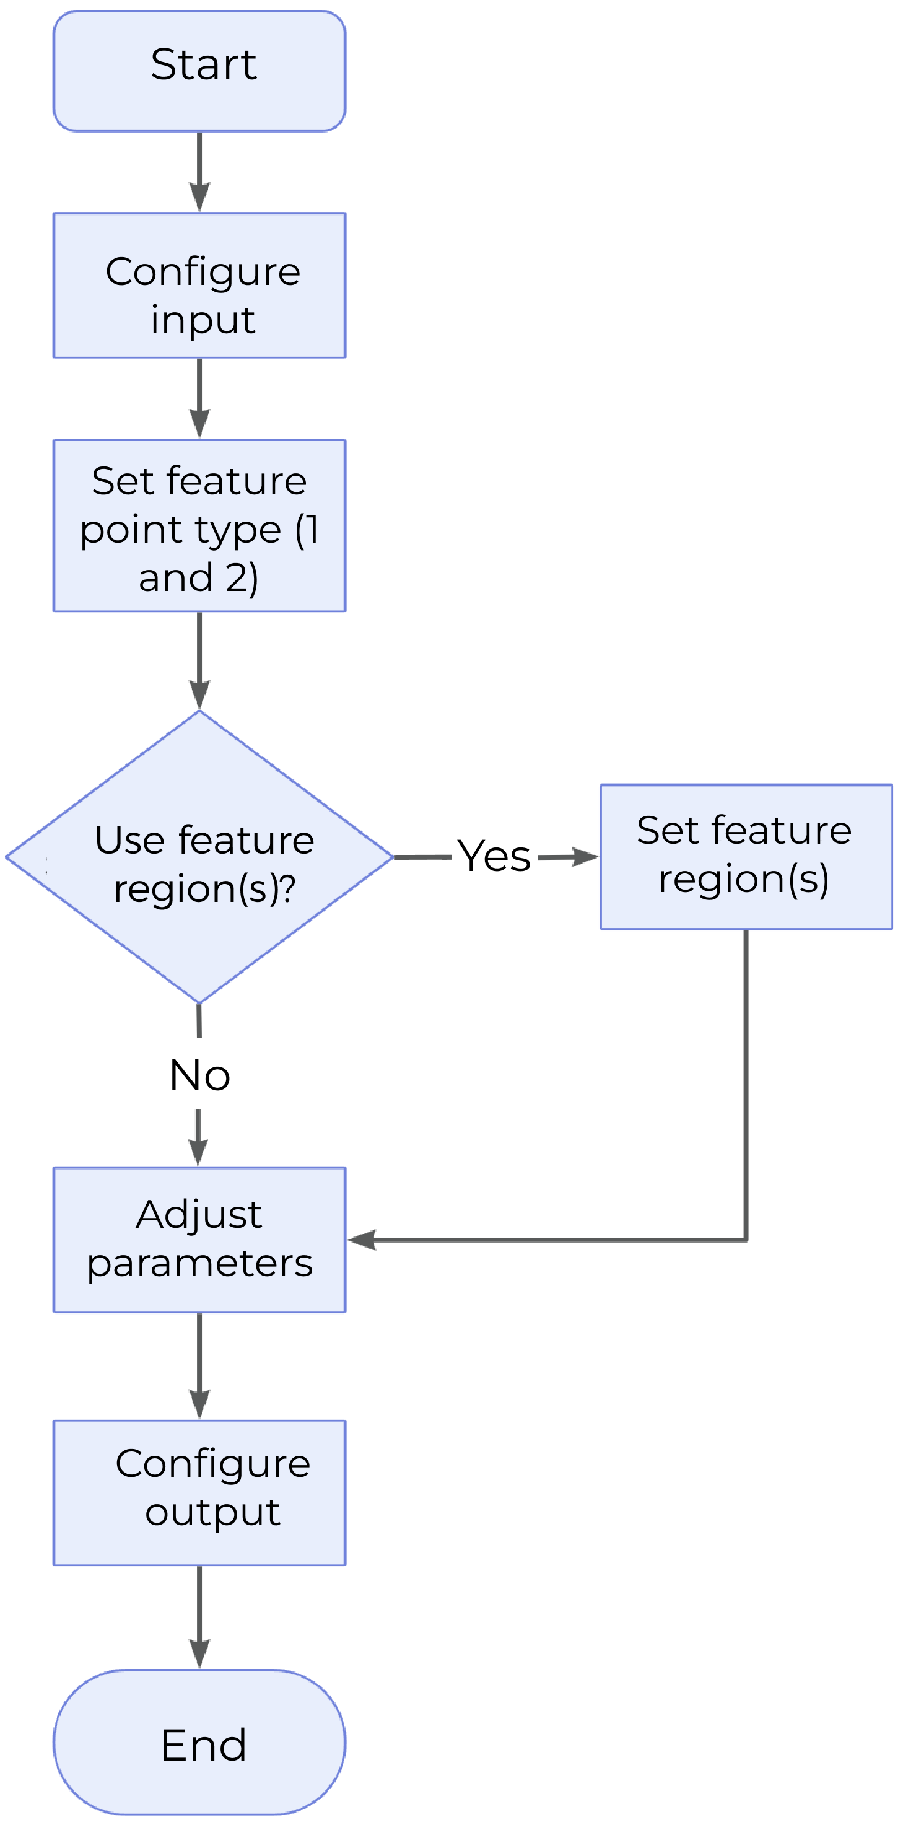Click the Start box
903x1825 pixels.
point(199,71)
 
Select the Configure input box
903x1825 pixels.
point(199,286)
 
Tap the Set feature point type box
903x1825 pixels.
point(199,526)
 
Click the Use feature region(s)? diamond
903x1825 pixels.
point(199,857)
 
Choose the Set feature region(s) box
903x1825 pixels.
point(746,857)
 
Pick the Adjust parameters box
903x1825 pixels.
point(199,1240)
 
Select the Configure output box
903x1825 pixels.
point(199,1493)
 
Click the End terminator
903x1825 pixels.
point(199,1743)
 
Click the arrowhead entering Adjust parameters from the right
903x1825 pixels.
point(361,1240)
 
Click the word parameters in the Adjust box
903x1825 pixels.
point(199,1264)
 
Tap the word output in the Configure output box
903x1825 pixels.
point(212,1513)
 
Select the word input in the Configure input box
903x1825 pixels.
point(203,320)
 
